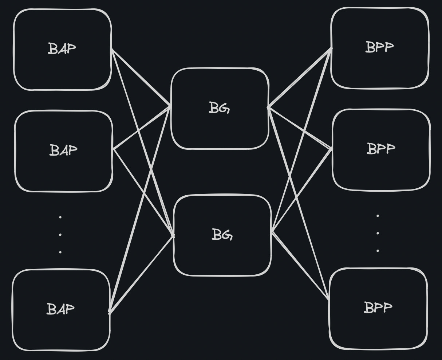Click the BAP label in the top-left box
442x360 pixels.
point(62,48)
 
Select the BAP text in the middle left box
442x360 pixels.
point(63,150)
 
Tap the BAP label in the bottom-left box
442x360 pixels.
point(61,309)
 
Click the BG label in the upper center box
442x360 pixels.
point(220,108)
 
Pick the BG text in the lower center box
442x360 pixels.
point(222,234)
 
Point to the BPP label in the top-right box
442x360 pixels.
point(379,47)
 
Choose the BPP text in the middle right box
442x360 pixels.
point(381,149)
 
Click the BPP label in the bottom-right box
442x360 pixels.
point(378,308)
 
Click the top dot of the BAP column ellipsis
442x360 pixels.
point(60,217)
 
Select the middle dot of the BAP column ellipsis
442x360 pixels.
point(60,234)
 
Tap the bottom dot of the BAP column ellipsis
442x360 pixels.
point(60,252)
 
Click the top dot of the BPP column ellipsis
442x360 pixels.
point(378,216)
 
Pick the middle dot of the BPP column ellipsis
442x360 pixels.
point(378,233)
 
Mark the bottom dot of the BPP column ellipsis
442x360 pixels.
point(378,251)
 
